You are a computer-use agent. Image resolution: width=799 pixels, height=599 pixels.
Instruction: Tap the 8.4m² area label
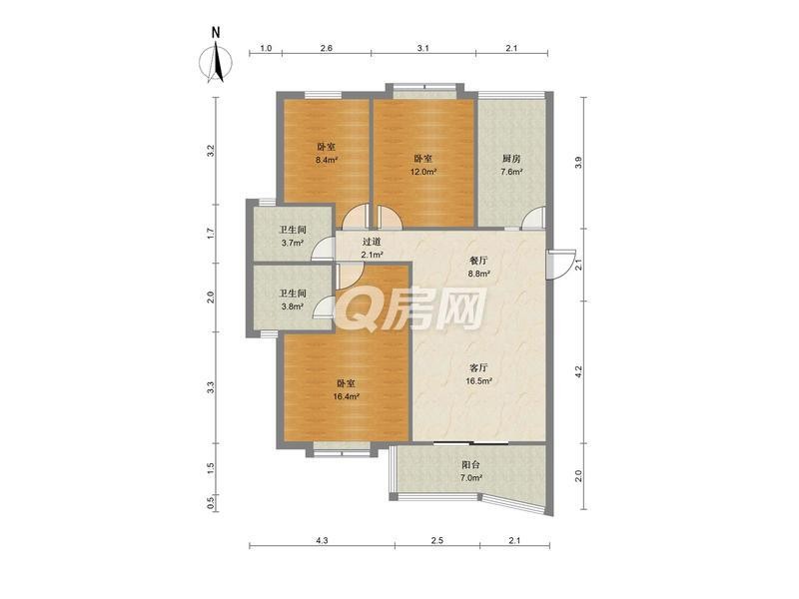(x=327, y=160)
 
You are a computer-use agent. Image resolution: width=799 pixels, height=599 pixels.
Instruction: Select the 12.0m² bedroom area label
(x=423, y=172)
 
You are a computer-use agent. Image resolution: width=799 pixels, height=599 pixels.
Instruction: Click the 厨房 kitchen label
(x=511, y=159)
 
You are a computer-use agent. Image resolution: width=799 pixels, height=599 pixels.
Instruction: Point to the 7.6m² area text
(x=511, y=172)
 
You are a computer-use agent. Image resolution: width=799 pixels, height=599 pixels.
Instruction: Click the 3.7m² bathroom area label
(x=293, y=243)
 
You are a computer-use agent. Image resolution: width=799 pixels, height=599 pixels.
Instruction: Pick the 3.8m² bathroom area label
(x=293, y=306)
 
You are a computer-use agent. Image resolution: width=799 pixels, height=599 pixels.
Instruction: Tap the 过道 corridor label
(x=372, y=242)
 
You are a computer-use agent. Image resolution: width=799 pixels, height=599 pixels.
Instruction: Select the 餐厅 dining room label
(x=479, y=261)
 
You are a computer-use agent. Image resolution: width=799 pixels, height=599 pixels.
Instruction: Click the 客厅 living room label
(x=479, y=367)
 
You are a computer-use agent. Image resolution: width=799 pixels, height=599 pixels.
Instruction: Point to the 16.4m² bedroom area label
(x=346, y=396)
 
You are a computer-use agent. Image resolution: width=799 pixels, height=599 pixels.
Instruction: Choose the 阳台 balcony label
(x=470, y=464)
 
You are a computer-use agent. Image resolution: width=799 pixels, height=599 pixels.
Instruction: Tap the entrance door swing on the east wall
(x=560, y=265)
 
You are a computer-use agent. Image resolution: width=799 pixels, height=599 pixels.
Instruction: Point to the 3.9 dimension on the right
(x=577, y=163)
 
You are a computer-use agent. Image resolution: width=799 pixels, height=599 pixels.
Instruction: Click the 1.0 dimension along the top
(x=266, y=48)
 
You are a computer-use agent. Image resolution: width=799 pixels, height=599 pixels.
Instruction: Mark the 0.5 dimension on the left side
(x=210, y=503)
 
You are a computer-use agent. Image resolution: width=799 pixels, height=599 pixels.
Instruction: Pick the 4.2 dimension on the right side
(x=577, y=370)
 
